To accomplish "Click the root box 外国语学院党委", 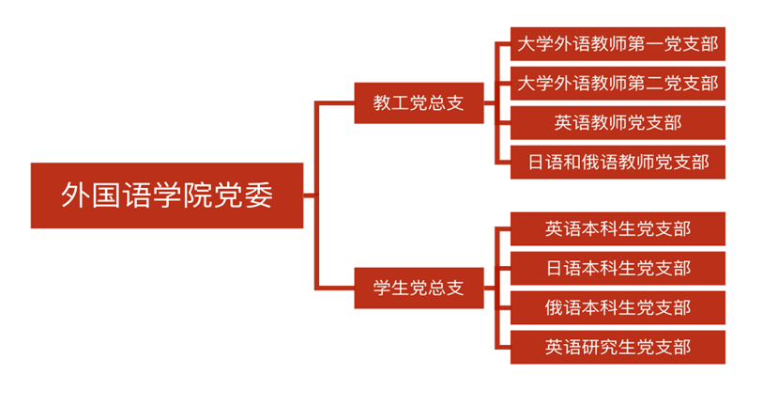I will point(167,195).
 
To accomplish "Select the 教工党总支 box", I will point(419,103).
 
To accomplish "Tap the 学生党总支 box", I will point(419,288).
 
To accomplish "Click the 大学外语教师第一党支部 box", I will point(618,43).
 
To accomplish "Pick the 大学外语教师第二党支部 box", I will point(618,83).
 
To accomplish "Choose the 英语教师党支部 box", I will point(618,122).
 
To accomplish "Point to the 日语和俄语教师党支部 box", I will point(618,162).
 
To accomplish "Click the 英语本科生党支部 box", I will point(618,228).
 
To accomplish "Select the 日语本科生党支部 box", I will point(618,268).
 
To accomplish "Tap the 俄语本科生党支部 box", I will point(618,307).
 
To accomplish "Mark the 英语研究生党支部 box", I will point(618,347).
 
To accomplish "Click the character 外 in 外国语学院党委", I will point(74,195).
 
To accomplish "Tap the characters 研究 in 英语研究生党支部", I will point(600,347).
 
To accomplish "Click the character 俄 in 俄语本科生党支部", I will point(555,307).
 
